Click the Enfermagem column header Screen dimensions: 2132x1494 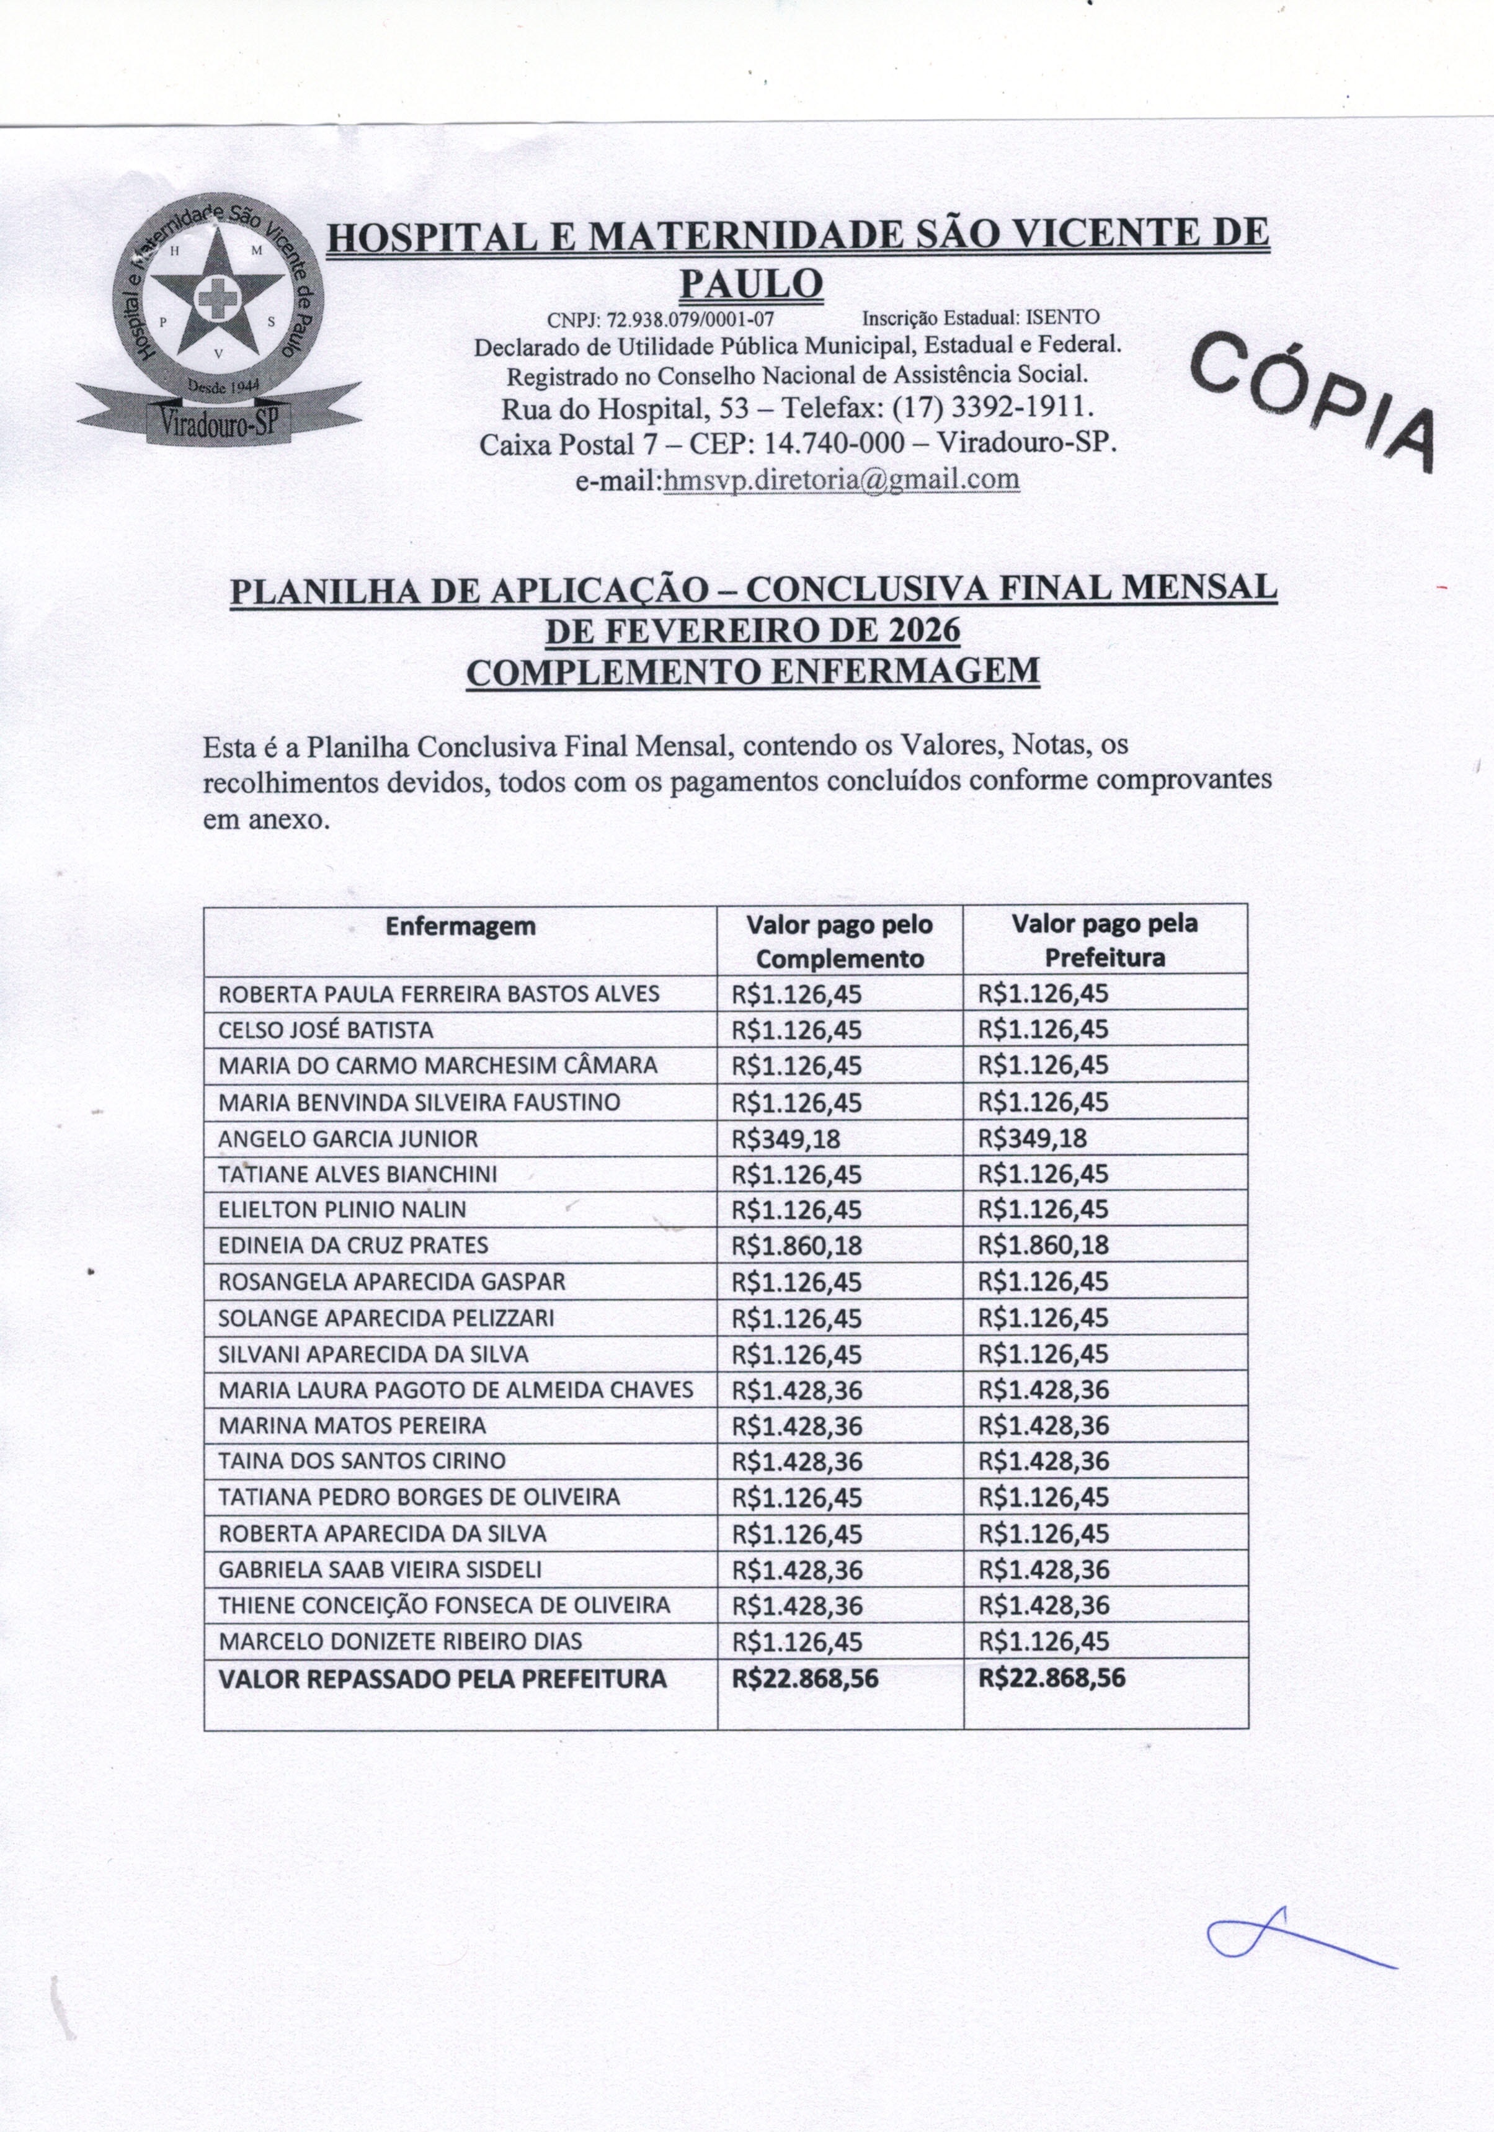[461, 927]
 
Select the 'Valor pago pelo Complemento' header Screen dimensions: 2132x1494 [839, 942]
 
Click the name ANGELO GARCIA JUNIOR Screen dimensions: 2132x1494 [348, 1138]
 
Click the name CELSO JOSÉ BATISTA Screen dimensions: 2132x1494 [326, 1030]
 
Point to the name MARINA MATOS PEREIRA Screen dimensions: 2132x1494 [352, 1425]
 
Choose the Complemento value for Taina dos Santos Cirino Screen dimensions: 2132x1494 [797, 1461]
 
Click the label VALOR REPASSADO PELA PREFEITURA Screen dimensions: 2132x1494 [442, 1679]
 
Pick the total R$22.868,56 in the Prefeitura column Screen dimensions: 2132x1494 [1051, 1678]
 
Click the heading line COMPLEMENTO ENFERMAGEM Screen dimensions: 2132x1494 [752, 671]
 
